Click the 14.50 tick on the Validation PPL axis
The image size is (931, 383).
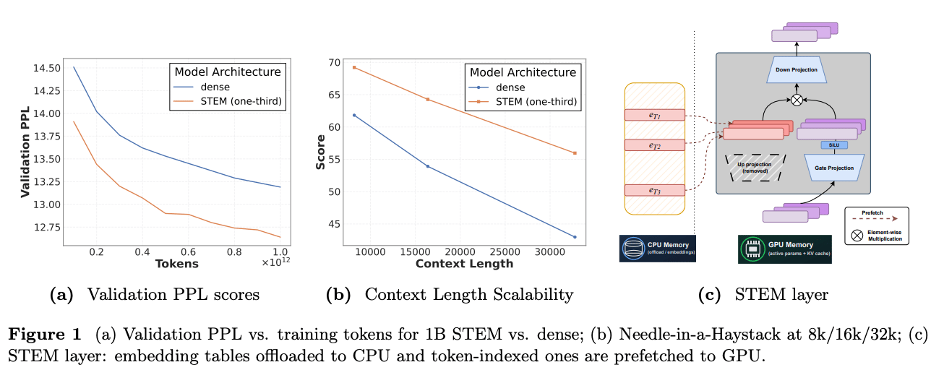(46, 68)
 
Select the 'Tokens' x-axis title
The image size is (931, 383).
(176, 264)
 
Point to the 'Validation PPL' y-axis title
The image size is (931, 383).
(25, 148)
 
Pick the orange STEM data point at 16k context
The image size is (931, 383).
(427, 99)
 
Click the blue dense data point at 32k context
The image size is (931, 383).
(575, 237)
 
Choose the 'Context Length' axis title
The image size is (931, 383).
(464, 264)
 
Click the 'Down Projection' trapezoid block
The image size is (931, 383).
(797, 71)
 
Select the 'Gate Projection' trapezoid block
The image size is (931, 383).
(835, 167)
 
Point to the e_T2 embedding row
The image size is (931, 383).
(654, 145)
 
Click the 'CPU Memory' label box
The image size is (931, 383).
(657, 248)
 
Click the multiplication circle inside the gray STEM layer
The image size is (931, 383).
(797, 100)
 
